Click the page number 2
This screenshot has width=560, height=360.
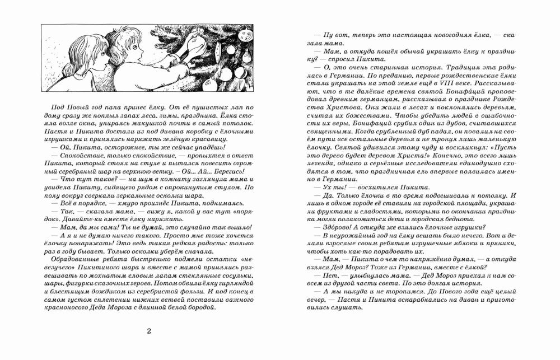point(148,330)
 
